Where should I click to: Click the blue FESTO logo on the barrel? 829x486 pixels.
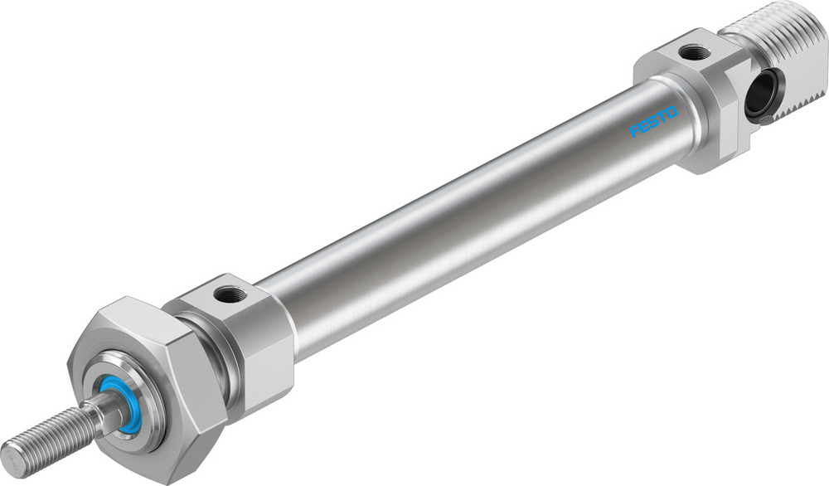tap(653, 121)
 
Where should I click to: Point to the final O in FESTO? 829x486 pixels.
tap(671, 111)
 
